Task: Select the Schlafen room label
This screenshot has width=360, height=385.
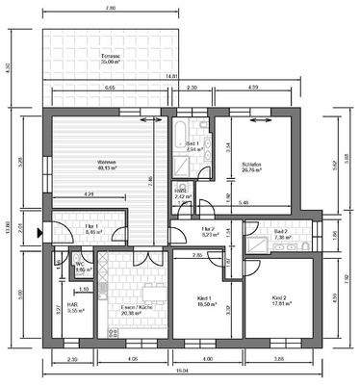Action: click(253, 166)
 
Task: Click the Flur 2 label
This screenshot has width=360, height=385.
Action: click(207, 230)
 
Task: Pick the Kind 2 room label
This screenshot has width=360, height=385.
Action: click(280, 300)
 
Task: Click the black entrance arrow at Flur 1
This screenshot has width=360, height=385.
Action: click(39, 232)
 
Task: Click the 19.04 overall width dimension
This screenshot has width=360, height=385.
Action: click(181, 371)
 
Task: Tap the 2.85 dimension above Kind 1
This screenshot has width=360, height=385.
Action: click(195, 255)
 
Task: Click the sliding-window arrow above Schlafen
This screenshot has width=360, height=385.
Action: click(257, 121)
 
